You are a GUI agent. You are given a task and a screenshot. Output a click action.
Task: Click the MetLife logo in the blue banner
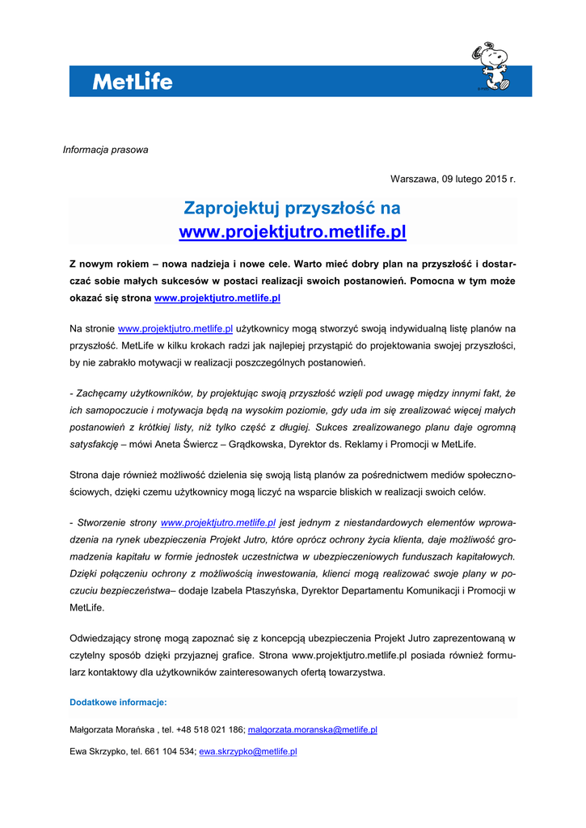click(132, 82)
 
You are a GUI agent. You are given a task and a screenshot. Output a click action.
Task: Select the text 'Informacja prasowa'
click(106, 150)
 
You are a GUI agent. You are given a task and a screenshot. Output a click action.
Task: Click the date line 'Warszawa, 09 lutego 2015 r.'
click(453, 179)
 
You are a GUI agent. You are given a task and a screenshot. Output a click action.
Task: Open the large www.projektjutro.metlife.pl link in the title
click(293, 233)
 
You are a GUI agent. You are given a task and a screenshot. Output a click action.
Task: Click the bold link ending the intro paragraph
click(217, 298)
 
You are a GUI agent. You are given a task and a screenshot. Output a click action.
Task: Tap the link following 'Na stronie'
click(175, 329)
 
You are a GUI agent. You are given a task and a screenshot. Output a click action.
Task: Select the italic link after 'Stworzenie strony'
click(218, 523)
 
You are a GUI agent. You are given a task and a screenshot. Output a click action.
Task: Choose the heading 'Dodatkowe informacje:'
click(118, 702)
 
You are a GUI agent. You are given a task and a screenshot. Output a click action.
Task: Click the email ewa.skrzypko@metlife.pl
click(248, 751)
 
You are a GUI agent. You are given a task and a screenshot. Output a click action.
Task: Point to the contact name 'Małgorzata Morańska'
click(112, 729)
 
